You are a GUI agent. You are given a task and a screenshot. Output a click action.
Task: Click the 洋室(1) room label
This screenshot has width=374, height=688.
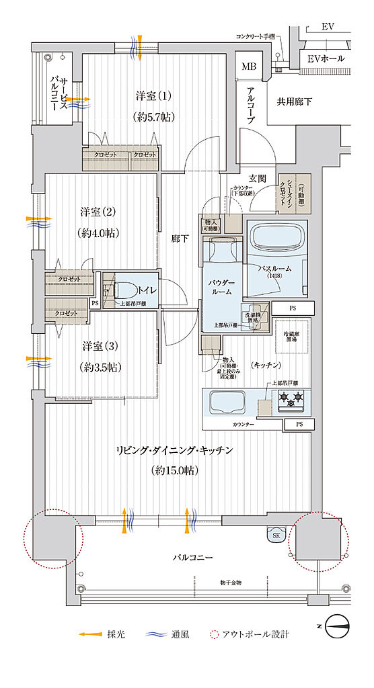pyautogui.click(x=154, y=96)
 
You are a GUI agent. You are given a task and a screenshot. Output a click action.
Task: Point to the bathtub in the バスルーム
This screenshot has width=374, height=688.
pyautogui.click(x=277, y=241)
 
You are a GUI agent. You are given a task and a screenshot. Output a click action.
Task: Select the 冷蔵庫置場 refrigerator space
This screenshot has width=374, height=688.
pyautogui.click(x=291, y=334)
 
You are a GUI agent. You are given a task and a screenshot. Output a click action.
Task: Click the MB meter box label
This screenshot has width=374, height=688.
pyautogui.click(x=249, y=67)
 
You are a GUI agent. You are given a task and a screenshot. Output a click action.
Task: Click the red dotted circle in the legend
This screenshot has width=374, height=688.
pyautogui.click(x=215, y=634)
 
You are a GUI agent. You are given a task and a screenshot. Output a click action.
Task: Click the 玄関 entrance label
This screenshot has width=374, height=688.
pyautogui.click(x=258, y=178)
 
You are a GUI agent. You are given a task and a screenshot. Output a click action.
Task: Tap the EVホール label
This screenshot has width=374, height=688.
pyautogui.click(x=326, y=58)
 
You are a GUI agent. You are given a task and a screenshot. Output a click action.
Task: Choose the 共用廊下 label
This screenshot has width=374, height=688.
pyautogui.click(x=298, y=102)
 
